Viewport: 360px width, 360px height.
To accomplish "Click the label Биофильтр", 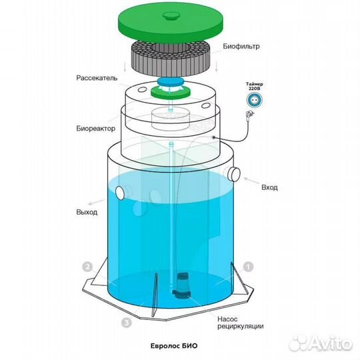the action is pyautogui.click(x=241, y=47).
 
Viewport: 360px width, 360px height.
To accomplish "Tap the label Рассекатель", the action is pyautogui.click(x=97, y=78).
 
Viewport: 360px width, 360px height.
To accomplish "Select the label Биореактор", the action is pyautogui.click(x=96, y=129).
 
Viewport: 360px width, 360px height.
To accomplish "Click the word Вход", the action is pyautogui.click(x=269, y=187).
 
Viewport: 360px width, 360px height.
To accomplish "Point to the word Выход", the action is pyautogui.click(x=87, y=212).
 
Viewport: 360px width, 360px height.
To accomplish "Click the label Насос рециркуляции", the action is pyautogui.click(x=241, y=323).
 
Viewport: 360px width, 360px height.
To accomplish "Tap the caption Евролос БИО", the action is pyautogui.click(x=174, y=346).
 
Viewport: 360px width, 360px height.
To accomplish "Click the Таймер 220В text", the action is pyautogui.click(x=255, y=86).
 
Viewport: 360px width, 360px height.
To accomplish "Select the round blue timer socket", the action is pyautogui.click(x=255, y=100).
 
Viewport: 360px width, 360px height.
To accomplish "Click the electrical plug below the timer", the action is pyautogui.click(x=249, y=113).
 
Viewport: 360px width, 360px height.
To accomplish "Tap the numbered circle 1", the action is pyautogui.click(x=248, y=267).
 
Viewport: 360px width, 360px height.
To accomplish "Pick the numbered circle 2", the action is pyautogui.click(x=87, y=267).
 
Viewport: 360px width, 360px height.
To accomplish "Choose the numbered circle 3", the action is pyautogui.click(x=126, y=323).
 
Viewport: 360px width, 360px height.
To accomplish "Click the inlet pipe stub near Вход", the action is pyautogui.click(x=234, y=174).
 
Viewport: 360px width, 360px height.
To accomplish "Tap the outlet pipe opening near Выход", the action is pyautogui.click(x=120, y=193).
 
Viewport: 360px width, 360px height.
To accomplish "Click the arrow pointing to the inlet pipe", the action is pyautogui.click(x=251, y=181).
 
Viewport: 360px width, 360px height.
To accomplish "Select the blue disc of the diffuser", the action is pyautogui.click(x=171, y=81).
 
